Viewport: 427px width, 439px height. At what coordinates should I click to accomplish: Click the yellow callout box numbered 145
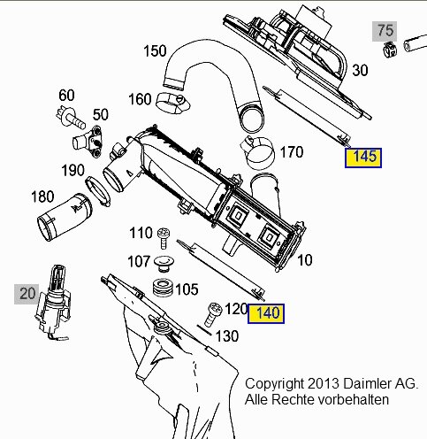click(x=363, y=158)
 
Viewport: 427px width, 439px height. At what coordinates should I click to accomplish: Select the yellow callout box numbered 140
click(x=266, y=313)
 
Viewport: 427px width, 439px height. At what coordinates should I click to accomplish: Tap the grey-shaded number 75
click(x=385, y=31)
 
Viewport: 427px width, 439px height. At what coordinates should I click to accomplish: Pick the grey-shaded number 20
click(x=27, y=294)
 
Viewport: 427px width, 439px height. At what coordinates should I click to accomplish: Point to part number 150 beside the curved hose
click(x=155, y=51)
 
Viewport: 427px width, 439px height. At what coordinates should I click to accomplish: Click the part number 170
click(x=292, y=152)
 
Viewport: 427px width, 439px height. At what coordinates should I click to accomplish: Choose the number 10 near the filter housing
click(x=305, y=260)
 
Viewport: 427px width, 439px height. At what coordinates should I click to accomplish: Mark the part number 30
click(x=360, y=71)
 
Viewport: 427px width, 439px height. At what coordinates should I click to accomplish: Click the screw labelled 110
click(x=164, y=238)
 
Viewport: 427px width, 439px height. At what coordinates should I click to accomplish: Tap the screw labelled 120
click(x=213, y=314)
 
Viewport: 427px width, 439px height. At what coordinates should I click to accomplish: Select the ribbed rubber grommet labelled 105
click(x=163, y=288)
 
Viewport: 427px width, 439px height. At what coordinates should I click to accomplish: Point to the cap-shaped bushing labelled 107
click(x=164, y=264)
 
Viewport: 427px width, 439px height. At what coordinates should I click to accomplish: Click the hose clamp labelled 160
click(x=172, y=104)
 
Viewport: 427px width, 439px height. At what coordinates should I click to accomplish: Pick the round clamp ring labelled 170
click(x=257, y=153)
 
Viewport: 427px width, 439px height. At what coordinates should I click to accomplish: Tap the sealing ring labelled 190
click(x=98, y=191)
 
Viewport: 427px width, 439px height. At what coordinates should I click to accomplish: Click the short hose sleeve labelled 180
click(x=65, y=217)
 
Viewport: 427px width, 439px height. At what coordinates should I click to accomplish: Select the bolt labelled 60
click(x=71, y=117)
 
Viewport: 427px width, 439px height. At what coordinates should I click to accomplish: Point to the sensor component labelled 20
click(x=53, y=303)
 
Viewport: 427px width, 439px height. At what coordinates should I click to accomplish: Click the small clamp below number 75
click(x=390, y=50)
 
